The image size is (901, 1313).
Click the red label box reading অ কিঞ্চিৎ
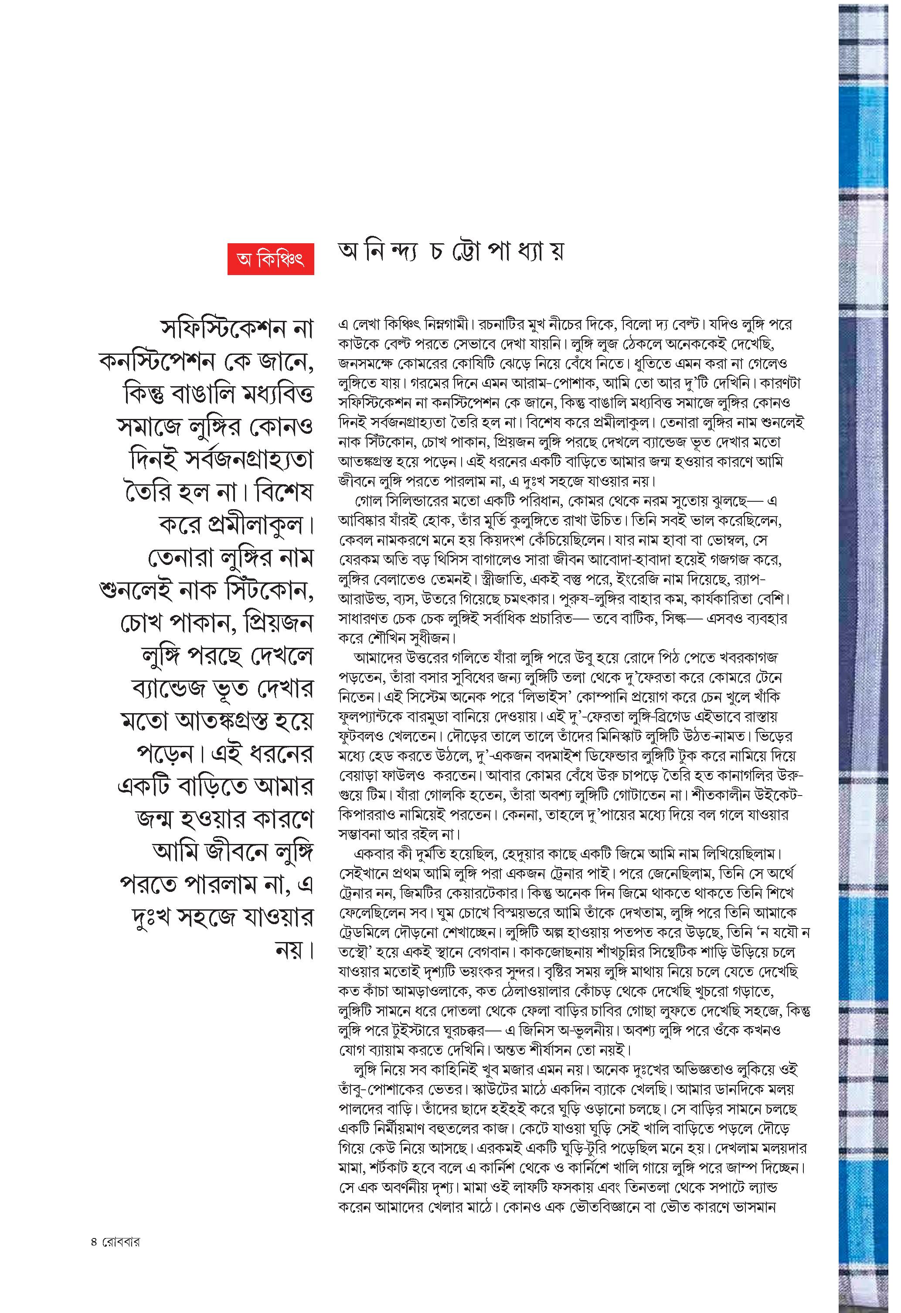[271, 259]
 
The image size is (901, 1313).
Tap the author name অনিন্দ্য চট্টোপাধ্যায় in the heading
[451, 252]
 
